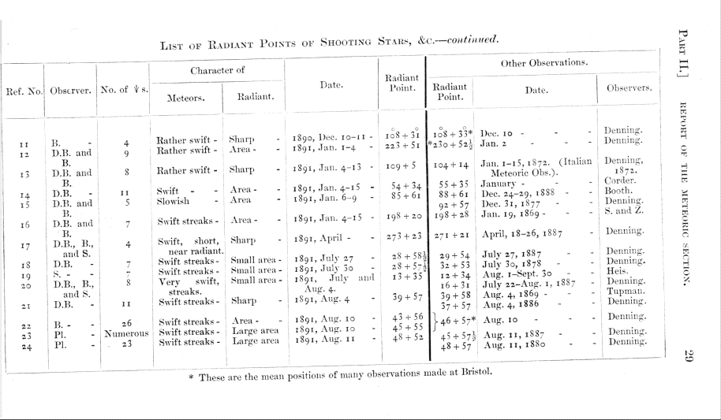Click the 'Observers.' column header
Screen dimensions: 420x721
pos(628,87)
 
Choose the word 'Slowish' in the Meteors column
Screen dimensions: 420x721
pos(174,200)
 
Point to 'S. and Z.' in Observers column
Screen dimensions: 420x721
pos(626,211)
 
